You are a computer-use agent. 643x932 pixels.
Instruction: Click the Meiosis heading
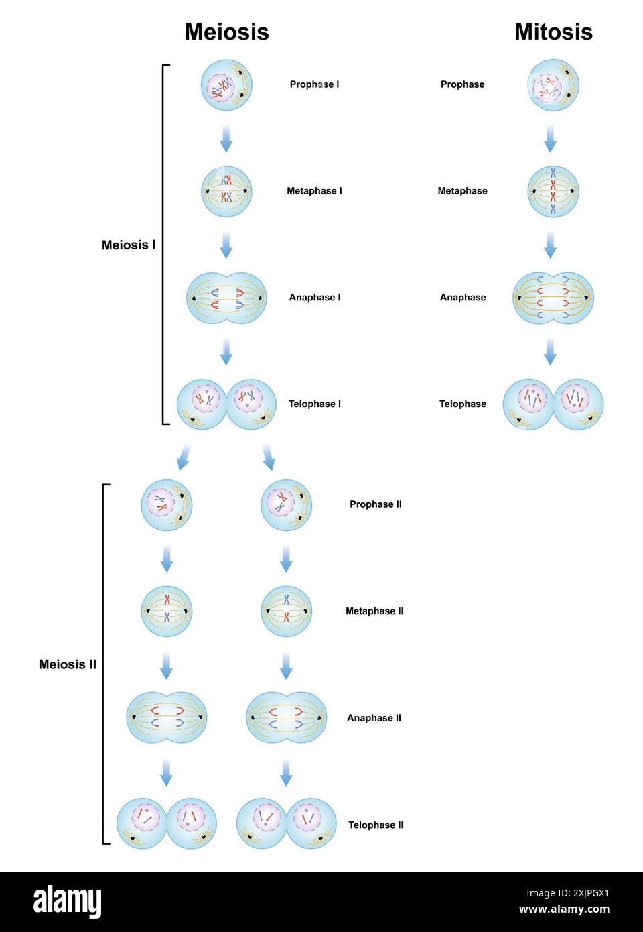click(x=226, y=32)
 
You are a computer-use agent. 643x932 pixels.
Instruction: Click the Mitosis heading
click(x=553, y=32)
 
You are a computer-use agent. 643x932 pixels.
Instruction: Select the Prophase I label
click(x=314, y=84)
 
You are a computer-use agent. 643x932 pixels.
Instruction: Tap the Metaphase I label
click(x=314, y=191)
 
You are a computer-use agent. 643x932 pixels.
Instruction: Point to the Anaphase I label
click(x=314, y=298)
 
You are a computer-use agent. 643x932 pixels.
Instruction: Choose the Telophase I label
click(x=314, y=404)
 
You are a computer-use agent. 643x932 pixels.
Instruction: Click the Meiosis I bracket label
click(x=129, y=245)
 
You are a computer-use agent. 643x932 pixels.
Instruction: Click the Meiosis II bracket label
click(x=68, y=664)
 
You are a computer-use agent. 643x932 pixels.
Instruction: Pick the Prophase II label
click(x=375, y=504)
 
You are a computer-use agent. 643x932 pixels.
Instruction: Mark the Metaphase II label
click(x=374, y=611)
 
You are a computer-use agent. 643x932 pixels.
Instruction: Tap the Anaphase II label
click(x=374, y=718)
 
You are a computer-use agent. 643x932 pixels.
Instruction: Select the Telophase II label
click(x=376, y=825)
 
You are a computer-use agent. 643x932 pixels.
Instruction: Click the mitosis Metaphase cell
click(x=553, y=192)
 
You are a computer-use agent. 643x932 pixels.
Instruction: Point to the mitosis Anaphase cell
click(x=553, y=298)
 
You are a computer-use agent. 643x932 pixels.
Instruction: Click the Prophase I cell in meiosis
click(x=226, y=85)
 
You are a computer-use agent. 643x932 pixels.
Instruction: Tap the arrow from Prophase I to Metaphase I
click(x=226, y=138)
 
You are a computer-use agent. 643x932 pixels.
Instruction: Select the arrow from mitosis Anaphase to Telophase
click(x=550, y=351)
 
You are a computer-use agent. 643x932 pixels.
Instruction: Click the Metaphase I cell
click(x=226, y=192)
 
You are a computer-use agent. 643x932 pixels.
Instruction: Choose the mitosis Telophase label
click(x=462, y=404)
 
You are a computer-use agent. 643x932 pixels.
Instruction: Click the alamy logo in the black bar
click(x=68, y=902)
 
